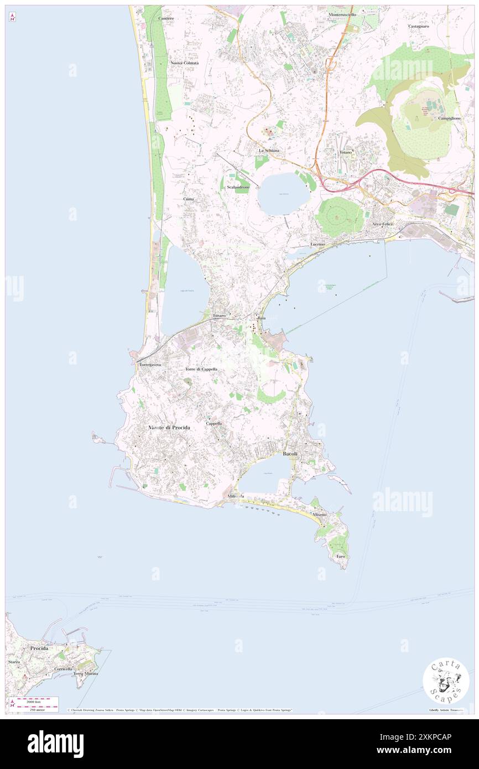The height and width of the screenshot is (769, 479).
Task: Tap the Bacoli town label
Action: (290, 454)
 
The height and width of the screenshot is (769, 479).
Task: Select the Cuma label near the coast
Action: (189, 198)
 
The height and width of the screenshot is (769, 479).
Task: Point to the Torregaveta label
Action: (150, 366)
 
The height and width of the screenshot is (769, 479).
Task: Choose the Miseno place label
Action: (319, 515)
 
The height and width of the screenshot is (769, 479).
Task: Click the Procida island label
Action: (39, 648)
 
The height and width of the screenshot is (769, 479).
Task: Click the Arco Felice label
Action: (382, 224)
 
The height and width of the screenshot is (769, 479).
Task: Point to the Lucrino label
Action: (317, 244)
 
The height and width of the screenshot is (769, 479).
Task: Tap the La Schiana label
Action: (269, 150)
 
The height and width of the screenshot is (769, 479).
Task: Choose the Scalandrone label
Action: (238, 187)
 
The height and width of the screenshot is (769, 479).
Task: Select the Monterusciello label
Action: (342, 14)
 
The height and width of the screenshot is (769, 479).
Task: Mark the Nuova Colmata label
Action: (185, 63)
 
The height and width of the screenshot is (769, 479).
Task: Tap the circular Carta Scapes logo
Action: (446, 680)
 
